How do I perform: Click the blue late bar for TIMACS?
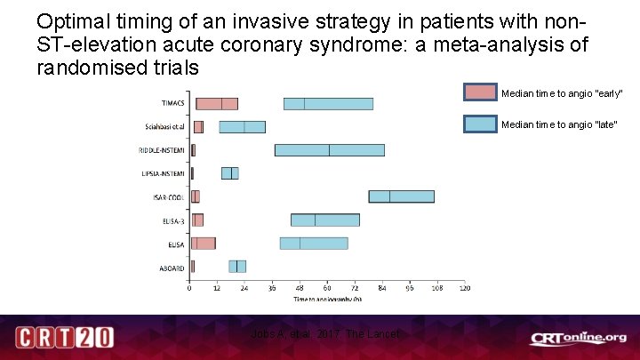click(328, 104)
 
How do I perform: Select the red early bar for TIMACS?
click(217, 104)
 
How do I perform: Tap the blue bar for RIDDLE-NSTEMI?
click(329, 150)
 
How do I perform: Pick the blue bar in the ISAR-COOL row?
click(401, 196)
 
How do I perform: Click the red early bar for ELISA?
click(204, 243)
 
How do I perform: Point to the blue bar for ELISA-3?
click(324, 220)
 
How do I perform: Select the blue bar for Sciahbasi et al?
click(242, 127)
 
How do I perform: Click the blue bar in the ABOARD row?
click(237, 266)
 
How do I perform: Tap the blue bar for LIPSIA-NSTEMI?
click(229, 173)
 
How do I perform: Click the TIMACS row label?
click(173, 104)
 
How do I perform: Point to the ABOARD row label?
click(172, 267)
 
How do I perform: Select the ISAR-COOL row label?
click(170, 197)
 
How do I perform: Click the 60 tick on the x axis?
click(327, 288)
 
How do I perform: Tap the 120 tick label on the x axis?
click(463, 288)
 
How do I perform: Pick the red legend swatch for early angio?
click(480, 93)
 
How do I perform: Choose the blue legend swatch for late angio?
click(480, 124)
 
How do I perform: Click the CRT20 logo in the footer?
click(64, 338)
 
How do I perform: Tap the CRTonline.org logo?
click(578, 338)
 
